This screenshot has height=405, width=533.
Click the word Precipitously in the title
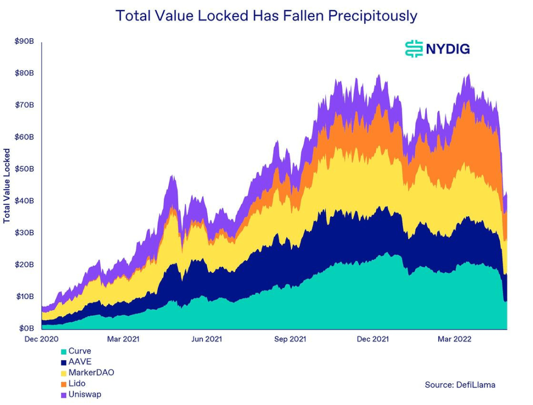coord(373,16)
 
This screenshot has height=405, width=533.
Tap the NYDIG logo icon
coord(414,48)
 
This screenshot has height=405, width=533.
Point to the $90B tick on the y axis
coord(24,41)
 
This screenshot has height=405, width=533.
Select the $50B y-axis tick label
coord(24,169)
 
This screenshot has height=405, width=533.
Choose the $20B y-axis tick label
coord(24,265)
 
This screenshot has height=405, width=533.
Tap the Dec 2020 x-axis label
coord(42,339)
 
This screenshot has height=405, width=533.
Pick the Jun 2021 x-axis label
coord(206,339)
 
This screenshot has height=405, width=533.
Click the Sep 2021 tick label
coord(289,339)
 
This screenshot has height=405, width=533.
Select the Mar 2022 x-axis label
coord(454,339)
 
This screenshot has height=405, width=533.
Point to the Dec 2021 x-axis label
coord(372,339)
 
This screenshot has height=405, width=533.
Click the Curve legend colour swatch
coord(64,351)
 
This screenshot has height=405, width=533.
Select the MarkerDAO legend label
coord(91,373)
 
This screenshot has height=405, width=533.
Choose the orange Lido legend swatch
coord(64,384)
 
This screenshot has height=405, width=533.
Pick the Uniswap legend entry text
coord(85,395)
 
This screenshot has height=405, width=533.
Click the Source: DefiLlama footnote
coord(460,385)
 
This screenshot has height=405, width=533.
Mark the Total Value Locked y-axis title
coord(7,186)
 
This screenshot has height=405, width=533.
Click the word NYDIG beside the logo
coord(448,49)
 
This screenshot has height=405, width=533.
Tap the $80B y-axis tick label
coord(24,73)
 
